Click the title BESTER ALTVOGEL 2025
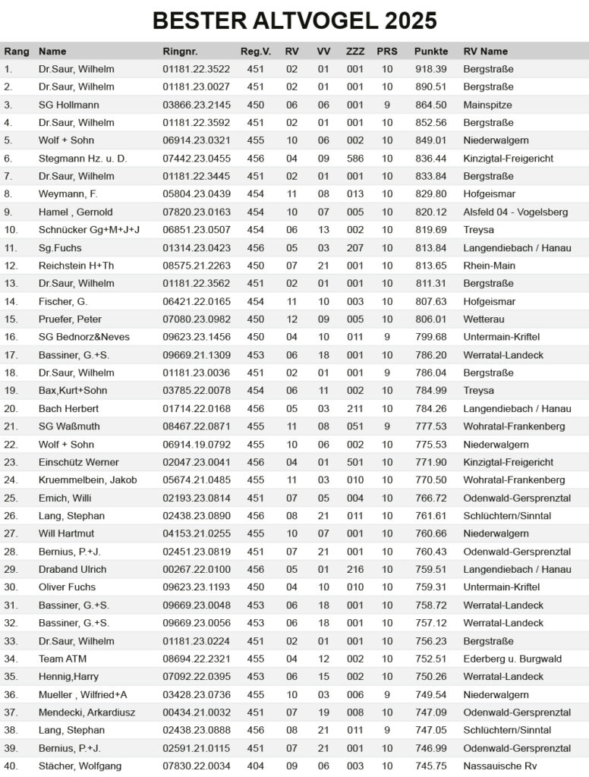click(x=294, y=20)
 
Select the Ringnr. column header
click(x=180, y=52)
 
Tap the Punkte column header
click(x=431, y=52)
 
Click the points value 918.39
click(x=431, y=69)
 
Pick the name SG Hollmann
click(x=69, y=105)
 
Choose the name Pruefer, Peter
click(x=70, y=319)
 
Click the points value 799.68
click(x=431, y=337)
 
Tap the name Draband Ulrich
click(x=73, y=569)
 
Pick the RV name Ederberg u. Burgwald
click(x=512, y=659)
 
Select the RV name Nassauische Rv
click(x=499, y=766)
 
